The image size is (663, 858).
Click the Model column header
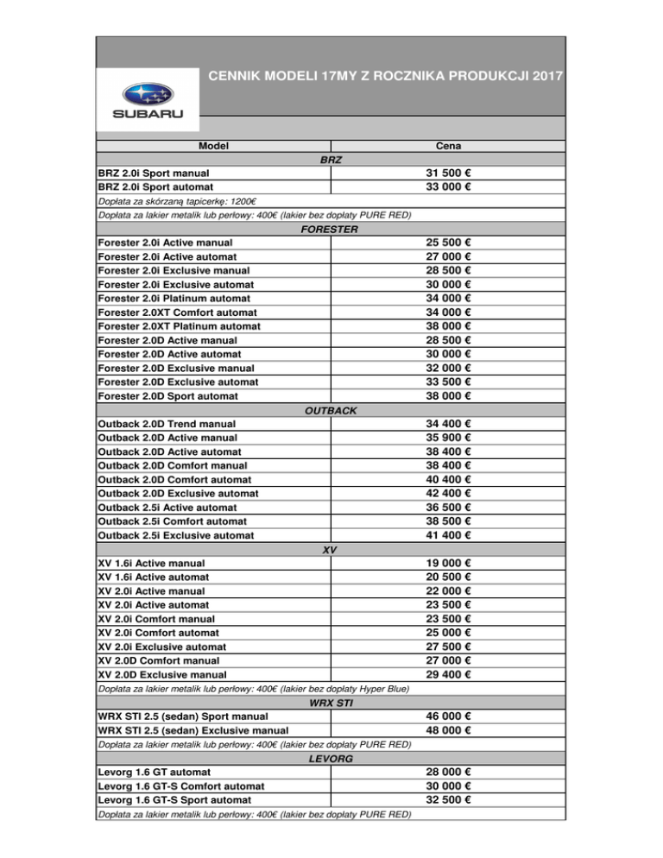(212, 148)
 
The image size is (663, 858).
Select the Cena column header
(447, 148)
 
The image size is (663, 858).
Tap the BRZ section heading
(331, 161)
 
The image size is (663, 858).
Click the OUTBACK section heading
(331, 410)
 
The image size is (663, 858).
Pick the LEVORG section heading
(331, 758)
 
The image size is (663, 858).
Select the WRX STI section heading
(331, 703)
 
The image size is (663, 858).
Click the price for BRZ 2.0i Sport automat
(447, 186)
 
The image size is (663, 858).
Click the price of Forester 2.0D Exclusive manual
(447, 366)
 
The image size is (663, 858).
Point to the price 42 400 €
(447, 493)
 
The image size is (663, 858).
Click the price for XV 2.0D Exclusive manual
(447, 674)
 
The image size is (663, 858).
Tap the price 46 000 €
(447, 716)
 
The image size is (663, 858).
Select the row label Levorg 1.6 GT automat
(155, 772)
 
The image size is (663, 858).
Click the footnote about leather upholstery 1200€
(171, 201)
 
